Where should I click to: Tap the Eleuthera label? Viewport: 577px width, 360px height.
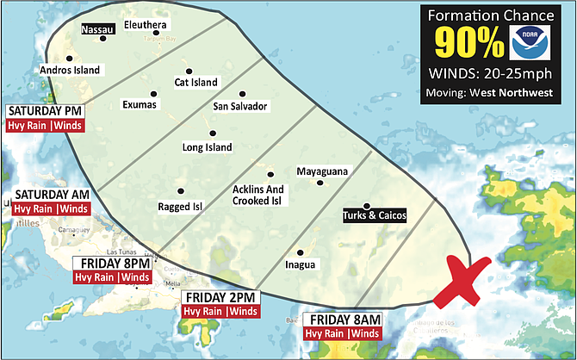click(x=145, y=25)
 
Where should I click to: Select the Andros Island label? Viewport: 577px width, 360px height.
click(x=70, y=70)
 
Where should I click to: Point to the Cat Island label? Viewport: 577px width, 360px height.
click(x=195, y=83)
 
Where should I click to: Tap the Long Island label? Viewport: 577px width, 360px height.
click(x=207, y=147)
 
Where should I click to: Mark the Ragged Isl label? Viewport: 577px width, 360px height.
click(x=179, y=207)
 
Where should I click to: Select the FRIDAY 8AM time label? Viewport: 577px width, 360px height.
click(x=342, y=320)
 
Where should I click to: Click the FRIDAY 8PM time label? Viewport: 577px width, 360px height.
click(x=113, y=263)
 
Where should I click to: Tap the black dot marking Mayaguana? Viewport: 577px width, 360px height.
click(x=320, y=183)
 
